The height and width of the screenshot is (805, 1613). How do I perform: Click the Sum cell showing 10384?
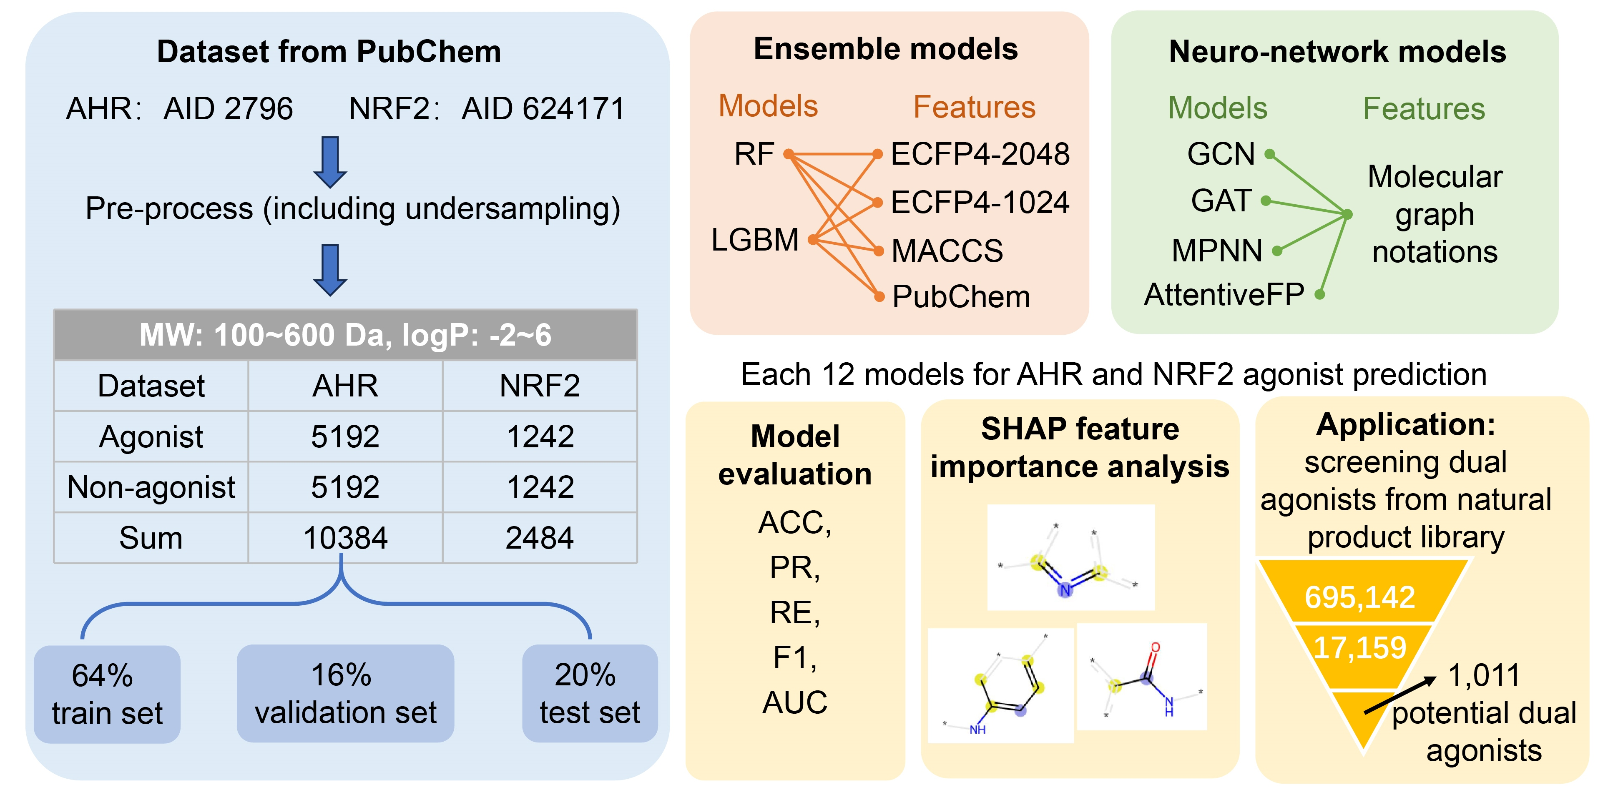click(345, 538)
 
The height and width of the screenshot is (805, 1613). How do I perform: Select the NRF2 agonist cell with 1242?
click(540, 436)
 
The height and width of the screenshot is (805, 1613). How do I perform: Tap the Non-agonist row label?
click(151, 487)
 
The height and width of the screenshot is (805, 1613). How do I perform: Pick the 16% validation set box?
click(345, 694)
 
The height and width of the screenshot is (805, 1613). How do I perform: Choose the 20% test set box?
click(589, 694)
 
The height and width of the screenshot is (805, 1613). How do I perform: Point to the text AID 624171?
click(543, 108)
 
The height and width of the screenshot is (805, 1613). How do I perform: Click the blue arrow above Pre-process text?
click(330, 161)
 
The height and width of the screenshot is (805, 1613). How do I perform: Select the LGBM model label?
click(754, 240)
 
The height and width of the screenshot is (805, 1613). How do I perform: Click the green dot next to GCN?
click(1269, 154)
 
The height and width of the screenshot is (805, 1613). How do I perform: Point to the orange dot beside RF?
click(788, 153)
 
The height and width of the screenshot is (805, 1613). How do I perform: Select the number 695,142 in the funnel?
click(1359, 597)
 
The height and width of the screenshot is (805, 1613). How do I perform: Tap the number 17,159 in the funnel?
click(1359, 647)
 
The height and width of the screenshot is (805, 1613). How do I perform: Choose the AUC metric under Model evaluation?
click(794, 702)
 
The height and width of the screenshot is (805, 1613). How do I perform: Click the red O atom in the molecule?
click(1155, 648)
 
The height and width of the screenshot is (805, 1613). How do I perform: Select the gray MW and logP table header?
click(345, 335)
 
